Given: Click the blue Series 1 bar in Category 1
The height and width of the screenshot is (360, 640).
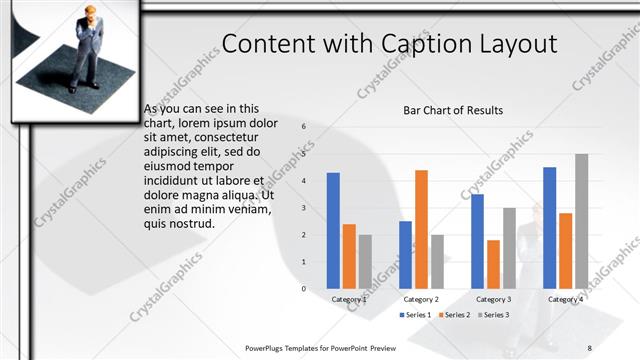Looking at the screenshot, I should click(333, 230).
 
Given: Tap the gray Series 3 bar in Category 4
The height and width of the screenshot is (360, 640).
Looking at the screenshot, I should click(581, 221).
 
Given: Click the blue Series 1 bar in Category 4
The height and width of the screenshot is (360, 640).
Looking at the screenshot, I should click(549, 227).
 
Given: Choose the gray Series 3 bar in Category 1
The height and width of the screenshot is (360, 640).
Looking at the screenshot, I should click(365, 261).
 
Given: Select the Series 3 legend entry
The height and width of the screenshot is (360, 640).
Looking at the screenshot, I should click(494, 315).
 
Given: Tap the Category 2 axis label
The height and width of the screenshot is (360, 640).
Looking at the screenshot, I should click(421, 299).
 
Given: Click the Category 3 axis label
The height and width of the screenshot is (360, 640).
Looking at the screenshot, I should click(493, 299).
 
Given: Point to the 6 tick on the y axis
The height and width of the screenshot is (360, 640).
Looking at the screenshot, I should click(304, 127).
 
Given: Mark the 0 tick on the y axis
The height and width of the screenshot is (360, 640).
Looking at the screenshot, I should click(304, 288).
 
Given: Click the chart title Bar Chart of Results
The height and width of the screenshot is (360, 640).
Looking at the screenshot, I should click(453, 110).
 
